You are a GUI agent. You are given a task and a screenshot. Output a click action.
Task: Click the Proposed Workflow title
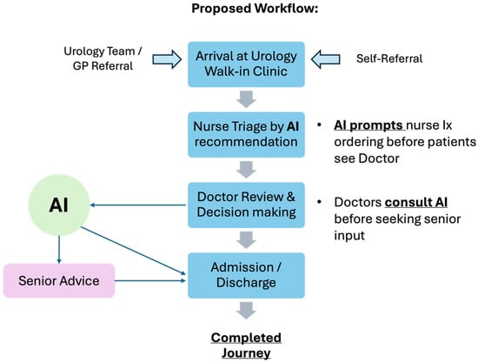(x=255, y=9)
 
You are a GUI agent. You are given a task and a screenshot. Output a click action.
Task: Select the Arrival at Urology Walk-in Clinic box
(x=246, y=64)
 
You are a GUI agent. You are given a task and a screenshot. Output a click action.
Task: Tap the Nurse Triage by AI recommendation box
(x=246, y=135)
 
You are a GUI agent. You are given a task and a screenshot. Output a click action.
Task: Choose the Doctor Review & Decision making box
(x=246, y=205)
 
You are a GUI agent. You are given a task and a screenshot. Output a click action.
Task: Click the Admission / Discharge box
(x=246, y=275)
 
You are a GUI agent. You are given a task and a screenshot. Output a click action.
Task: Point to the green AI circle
(x=59, y=205)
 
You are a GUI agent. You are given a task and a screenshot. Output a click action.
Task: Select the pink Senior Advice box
(x=59, y=280)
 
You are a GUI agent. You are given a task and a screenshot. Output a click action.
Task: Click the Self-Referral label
(x=389, y=58)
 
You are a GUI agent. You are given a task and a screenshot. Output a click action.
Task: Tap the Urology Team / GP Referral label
(x=103, y=58)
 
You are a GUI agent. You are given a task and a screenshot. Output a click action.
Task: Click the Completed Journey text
(x=246, y=346)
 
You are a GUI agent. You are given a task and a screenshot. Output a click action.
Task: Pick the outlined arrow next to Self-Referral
(x=326, y=59)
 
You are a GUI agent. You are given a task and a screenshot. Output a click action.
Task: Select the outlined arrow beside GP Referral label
(x=167, y=59)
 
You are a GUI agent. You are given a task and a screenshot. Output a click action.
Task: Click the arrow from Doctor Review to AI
(x=138, y=205)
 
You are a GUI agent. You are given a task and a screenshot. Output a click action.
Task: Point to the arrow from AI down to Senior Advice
(x=59, y=250)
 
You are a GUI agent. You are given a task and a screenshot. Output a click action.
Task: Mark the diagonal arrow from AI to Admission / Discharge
(x=133, y=251)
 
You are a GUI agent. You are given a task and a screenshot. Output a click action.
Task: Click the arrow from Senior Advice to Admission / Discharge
(x=150, y=280)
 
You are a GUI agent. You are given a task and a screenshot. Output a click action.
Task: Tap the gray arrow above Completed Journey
(x=246, y=311)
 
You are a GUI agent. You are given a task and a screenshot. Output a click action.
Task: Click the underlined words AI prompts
(x=369, y=125)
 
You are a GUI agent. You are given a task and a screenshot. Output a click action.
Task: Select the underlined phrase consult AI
(x=416, y=203)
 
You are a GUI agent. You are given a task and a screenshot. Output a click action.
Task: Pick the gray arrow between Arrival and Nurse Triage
(x=246, y=99)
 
